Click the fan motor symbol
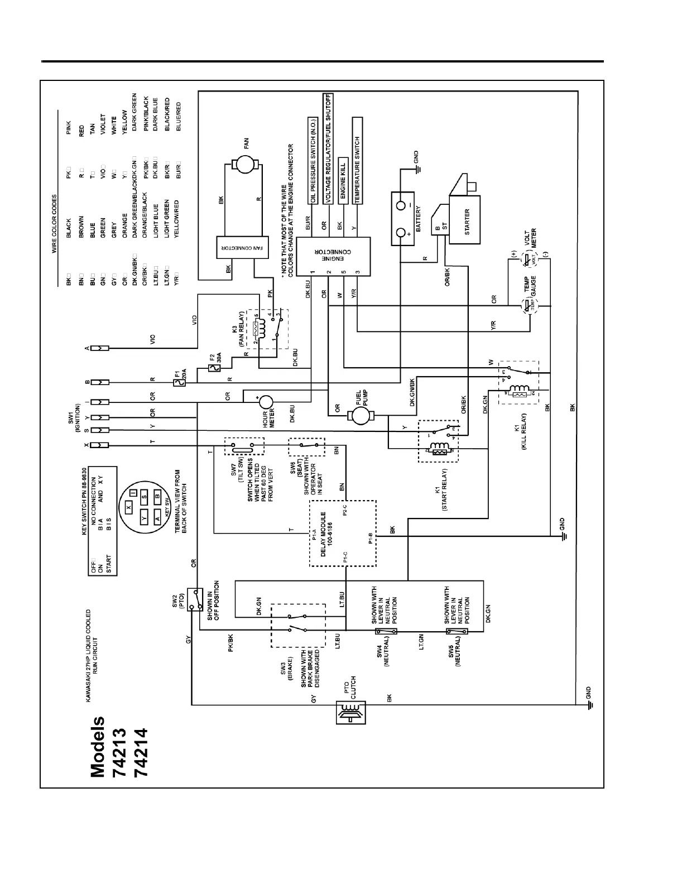click(x=243, y=163)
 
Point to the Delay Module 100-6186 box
click(x=343, y=532)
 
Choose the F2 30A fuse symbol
click(x=211, y=368)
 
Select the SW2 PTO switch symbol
click(x=195, y=599)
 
